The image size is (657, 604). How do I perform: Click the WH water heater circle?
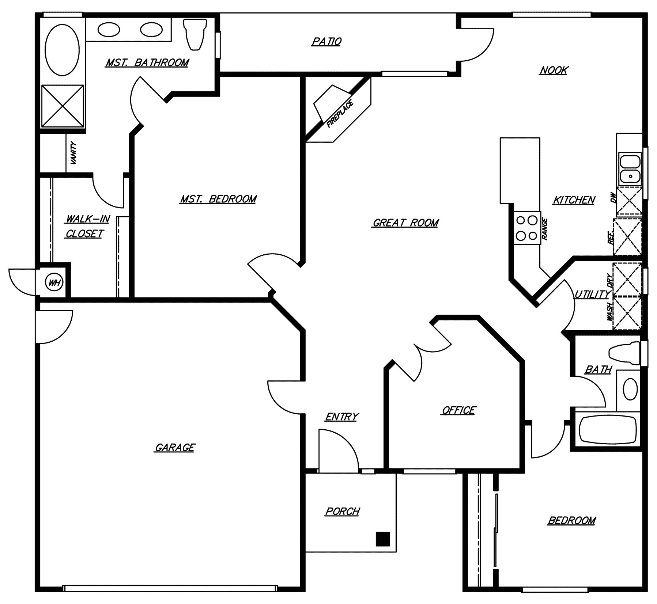click(54, 282)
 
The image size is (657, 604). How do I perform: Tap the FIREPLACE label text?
click(340, 114)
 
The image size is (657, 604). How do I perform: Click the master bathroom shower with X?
click(63, 106)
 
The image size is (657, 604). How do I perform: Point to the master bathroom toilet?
click(194, 35)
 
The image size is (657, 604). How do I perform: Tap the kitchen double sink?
click(630, 169)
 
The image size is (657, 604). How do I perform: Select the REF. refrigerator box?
click(627, 236)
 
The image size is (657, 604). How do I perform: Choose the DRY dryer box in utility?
click(627, 279)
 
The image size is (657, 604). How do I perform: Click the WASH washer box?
click(627, 314)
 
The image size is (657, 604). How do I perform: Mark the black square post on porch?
click(383, 539)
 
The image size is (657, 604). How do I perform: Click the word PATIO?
click(326, 42)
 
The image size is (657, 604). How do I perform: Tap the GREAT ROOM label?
click(405, 223)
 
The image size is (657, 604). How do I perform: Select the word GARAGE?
click(175, 447)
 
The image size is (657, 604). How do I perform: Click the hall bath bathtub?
click(608, 431)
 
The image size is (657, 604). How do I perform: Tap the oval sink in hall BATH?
click(630, 389)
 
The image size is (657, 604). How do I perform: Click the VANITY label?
click(73, 153)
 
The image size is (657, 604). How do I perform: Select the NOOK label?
click(554, 70)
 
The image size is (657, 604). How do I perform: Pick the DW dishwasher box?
click(629, 201)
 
